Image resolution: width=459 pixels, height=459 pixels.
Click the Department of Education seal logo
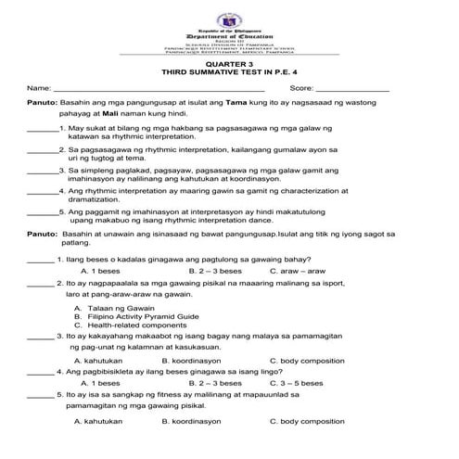coord(228,18)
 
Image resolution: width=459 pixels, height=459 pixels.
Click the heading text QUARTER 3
coord(229,63)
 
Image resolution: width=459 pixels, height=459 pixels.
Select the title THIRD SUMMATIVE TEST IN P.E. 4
coord(229,72)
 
